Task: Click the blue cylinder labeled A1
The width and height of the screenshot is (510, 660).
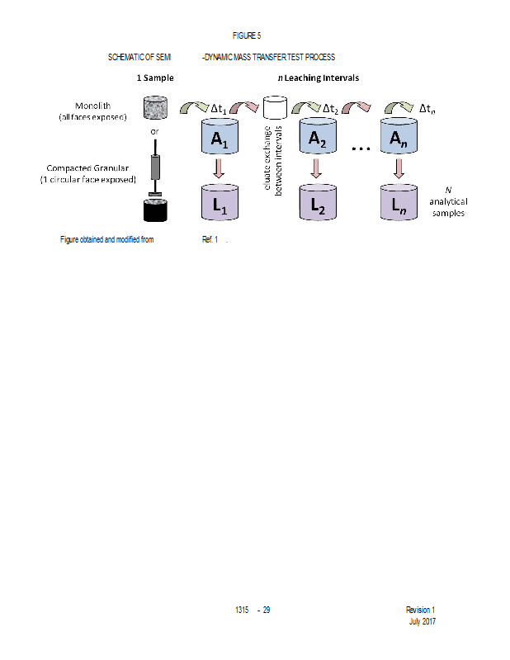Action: pos(219,138)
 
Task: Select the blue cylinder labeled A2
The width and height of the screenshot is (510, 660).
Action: pos(316,138)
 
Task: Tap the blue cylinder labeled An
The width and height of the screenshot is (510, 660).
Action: pos(399,138)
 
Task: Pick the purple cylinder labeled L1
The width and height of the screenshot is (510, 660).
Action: pos(219,203)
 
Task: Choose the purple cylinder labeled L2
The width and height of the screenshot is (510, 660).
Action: pos(316,203)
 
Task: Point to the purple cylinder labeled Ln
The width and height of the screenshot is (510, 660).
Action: pos(399,203)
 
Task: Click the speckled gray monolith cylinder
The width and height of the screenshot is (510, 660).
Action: pos(154,108)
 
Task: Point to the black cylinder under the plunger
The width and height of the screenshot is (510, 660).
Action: pos(154,210)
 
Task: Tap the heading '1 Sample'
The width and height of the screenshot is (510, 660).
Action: pos(155,78)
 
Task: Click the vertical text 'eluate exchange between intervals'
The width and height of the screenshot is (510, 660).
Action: pos(273,161)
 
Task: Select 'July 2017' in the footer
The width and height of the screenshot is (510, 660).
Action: pos(422,621)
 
